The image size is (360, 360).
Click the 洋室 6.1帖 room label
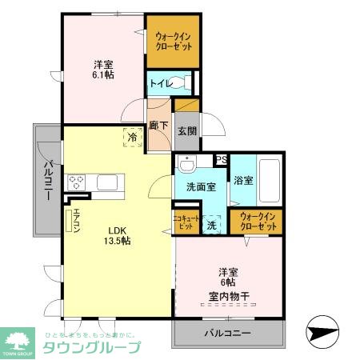point(102,70)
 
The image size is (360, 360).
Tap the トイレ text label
point(158,82)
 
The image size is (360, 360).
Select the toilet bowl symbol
point(185,82)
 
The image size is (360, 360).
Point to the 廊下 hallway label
point(158,126)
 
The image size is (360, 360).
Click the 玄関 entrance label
point(186,131)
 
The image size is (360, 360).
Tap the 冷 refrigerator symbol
point(131,138)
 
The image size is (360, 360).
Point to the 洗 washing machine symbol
point(212,225)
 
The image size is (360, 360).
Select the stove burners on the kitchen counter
point(77,182)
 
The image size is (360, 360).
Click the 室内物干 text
point(229,297)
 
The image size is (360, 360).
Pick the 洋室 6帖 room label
point(229,277)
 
